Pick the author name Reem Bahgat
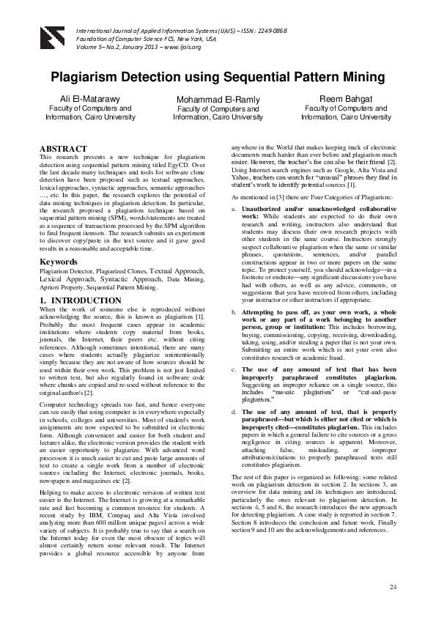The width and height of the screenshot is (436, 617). [x=346, y=98]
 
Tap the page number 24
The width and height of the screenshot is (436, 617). [x=393, y=588]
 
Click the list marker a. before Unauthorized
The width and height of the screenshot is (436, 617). [x=234, y=209]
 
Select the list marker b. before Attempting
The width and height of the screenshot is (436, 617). [x=234, y=312]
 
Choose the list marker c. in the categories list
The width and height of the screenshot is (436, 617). [x=234, y=369]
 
